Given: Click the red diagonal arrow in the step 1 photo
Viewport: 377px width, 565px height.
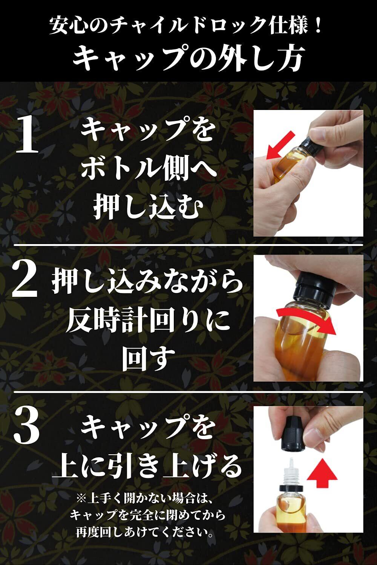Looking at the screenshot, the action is tap(280, 145).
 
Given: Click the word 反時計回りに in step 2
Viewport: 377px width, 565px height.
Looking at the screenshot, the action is tap(148, 322).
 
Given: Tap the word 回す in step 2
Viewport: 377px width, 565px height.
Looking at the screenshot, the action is tap(149, 359).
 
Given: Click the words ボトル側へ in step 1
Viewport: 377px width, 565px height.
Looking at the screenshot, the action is tap(148, 171).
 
